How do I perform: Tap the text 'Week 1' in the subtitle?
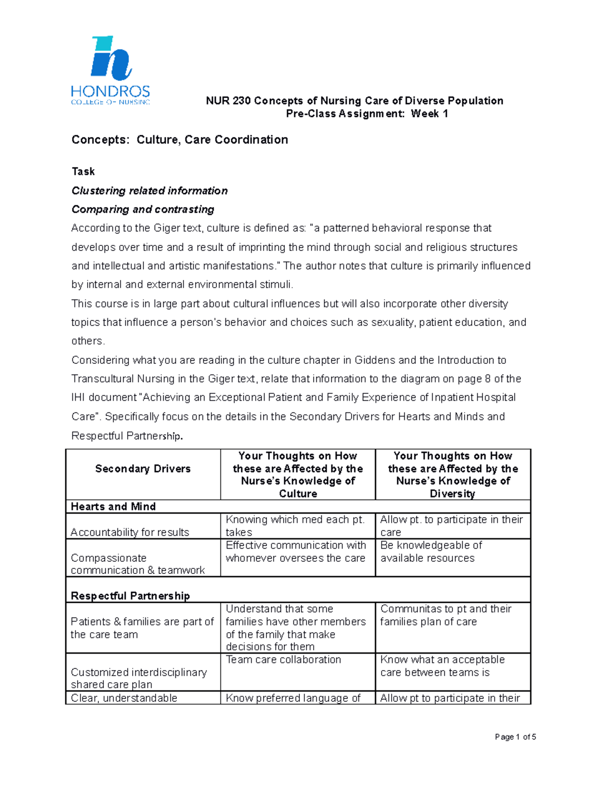[429, 114]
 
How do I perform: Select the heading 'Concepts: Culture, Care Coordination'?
[179, 140]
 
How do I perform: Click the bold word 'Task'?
[83, 172]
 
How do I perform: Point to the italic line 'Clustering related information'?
[149, 191]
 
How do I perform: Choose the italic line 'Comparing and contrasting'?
[142, 210]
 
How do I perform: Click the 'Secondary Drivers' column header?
[143, 469]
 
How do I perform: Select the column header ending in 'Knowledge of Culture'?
[298, 475]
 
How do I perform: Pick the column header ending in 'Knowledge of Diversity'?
[452, 475]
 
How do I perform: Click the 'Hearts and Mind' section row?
[113, 507]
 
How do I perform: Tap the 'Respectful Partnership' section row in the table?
[130, 596]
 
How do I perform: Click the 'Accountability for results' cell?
[130, 532]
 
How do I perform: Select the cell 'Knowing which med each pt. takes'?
[295, 526]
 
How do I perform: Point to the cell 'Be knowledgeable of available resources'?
[431, 552]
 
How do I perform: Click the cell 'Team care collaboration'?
[283, 659]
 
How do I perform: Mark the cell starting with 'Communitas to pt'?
[445, 615]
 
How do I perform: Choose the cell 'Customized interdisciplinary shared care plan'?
[138, 678]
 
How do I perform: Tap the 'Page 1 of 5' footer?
[515, 737]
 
